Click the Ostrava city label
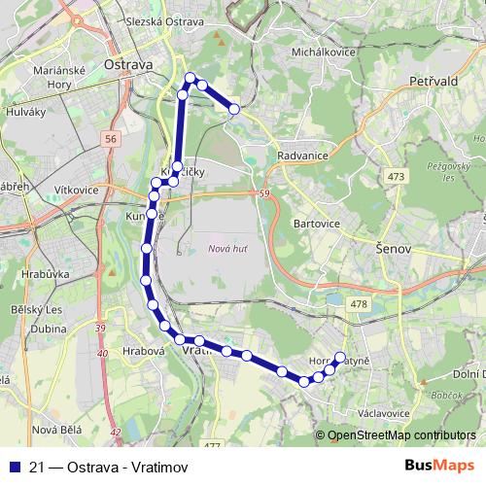(128, 64)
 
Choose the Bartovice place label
(316, 223)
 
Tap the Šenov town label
(395, 250)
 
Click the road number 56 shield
(111, 140)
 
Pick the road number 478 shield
(360, 304)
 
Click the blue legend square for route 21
(15, 465)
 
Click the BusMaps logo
(442, 464)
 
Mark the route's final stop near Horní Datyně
(340, 356)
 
